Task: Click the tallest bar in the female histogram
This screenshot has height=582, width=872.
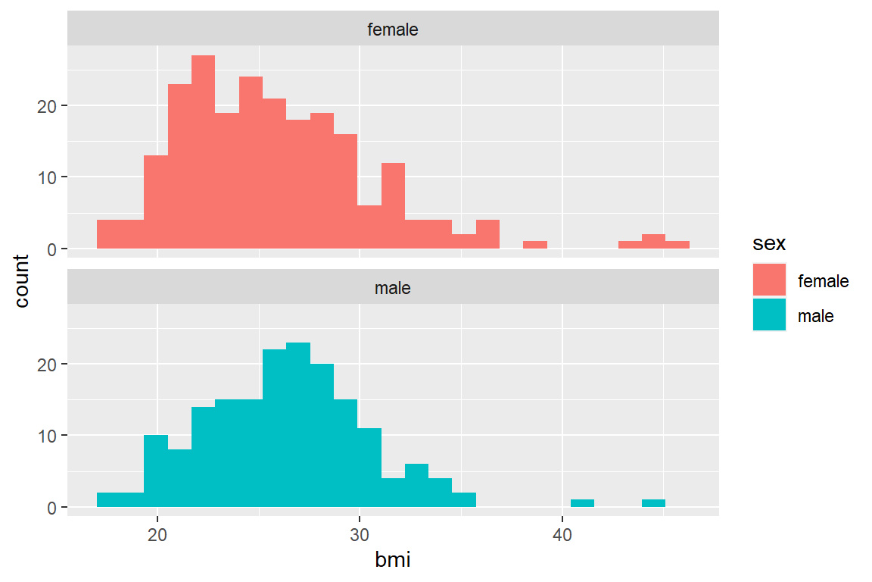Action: pyautogui.click(x=203, y=152)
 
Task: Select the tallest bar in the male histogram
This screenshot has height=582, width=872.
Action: pyautogui.click(x=298, y=424)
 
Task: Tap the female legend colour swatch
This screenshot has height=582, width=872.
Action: pyautogui.click(x=769, y=281)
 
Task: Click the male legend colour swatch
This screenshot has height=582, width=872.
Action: pyautogui.click(x=769, y=316)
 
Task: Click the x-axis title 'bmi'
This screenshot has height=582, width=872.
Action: pyautogui.click(x=393, y=561)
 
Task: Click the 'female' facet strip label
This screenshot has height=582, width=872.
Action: pyautogui.click(x=393, y=30)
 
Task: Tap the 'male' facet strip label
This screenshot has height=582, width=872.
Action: pyautogui.click(x=393, y=289)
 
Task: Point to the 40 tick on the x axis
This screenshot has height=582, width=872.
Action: pyautogui.click(x=562, y=533)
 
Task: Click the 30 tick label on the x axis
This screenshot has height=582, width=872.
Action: pyautogui.click(x=360, y=533)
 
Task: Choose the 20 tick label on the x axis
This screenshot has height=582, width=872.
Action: pyautogui.click(x=157, y=533)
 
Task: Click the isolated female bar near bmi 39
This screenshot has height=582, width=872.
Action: pyautogui.click(x=535, y=245)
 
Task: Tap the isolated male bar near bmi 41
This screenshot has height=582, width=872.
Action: pyautogui.click(x=582, y=503)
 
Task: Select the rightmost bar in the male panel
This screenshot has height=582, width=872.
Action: pyautogui.click(x=653, y=503)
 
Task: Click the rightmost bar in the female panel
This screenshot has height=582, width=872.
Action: pyautogui.click(x=677, y=245)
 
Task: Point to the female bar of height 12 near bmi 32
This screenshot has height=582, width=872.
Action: pyautogui.click(x=393, y=205)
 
